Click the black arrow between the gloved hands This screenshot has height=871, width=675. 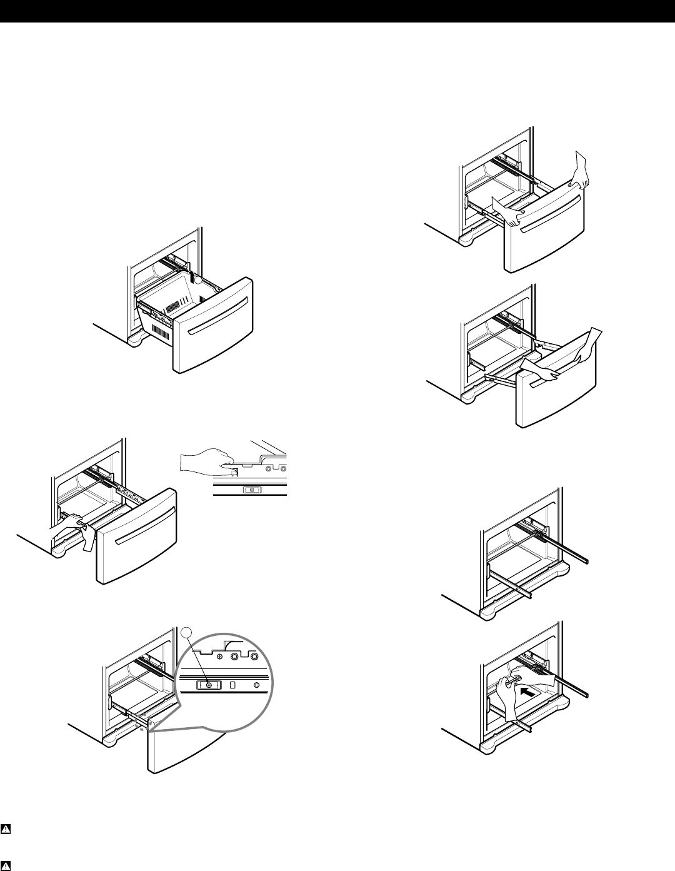[x=527, y=693]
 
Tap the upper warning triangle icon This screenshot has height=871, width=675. [x=6, y=830]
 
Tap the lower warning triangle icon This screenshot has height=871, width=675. [x=6, y=866]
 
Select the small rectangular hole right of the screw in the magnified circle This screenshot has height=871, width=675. [x=232, y=685]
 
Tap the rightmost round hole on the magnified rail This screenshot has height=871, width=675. [x=257, y=685]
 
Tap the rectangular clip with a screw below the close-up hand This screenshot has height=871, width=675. [x=251, y=491]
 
